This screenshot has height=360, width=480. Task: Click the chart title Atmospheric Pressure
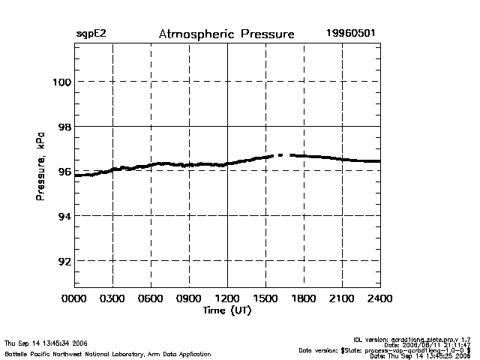tap(226, 34)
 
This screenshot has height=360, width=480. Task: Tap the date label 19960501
tap(350, 34)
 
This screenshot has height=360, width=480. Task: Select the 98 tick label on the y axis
tap(64, 127)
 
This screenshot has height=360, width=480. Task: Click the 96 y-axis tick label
tap(64, 171)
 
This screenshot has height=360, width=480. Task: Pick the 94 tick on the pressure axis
tap(64, 216)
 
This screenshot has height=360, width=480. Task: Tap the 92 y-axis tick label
tap(64, 261)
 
